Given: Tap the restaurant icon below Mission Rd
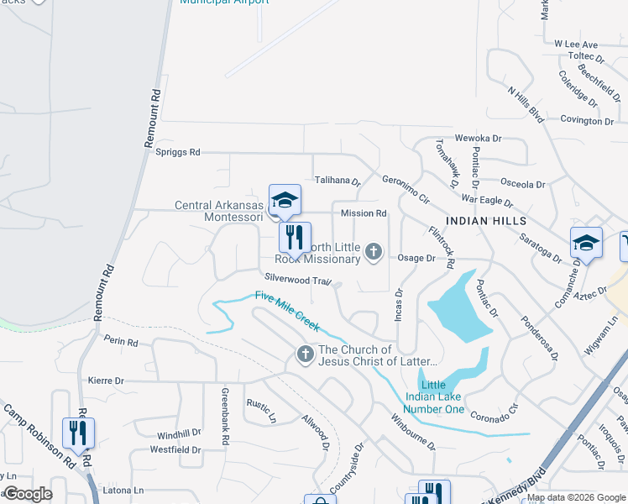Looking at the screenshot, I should point(295,238).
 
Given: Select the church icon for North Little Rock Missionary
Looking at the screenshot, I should point(374,251).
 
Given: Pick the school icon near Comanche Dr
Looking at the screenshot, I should point(586,244).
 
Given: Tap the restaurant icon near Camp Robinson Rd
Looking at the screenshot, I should point(78,433).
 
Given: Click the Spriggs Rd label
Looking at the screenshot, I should point(178,152).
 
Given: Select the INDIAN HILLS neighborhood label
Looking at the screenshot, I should point(486,220).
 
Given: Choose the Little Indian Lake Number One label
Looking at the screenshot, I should point(430,396).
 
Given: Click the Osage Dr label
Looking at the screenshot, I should point(416,259).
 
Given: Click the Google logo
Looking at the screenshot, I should point(29,494).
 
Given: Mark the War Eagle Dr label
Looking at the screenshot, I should point(487,201).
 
